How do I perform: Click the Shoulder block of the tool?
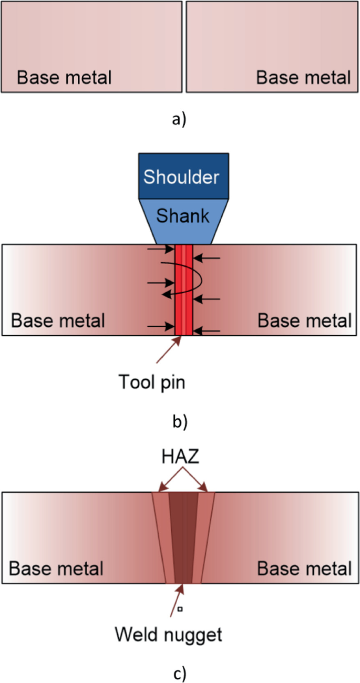point(183,176)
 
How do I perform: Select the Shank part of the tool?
point(183,215)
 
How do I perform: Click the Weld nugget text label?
point(168,634)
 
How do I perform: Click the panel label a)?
point(179,120)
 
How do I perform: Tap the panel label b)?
point(179,421)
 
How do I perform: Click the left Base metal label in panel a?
point(64,78)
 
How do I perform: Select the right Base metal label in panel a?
point(303,78)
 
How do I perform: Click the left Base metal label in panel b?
point(58,320)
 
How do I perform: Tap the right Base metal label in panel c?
point(303,568)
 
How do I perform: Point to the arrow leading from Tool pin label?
point(168,350)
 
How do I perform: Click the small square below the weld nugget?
point(180,609)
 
